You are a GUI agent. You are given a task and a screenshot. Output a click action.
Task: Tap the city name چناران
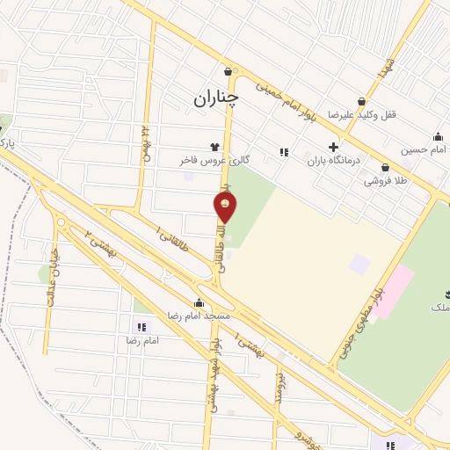coord(215,98)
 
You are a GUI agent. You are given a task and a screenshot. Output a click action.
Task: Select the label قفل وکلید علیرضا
coord(357,115)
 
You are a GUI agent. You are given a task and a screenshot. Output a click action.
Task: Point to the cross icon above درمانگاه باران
coord(332,147)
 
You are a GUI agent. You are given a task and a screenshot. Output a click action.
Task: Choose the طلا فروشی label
coord(385,181)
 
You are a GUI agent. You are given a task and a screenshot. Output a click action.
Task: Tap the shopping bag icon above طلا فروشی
coord(385,167)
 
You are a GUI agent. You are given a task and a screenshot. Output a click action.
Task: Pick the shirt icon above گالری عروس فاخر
coord(214,147)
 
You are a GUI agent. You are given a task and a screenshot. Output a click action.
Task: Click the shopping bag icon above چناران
coord(229,71)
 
